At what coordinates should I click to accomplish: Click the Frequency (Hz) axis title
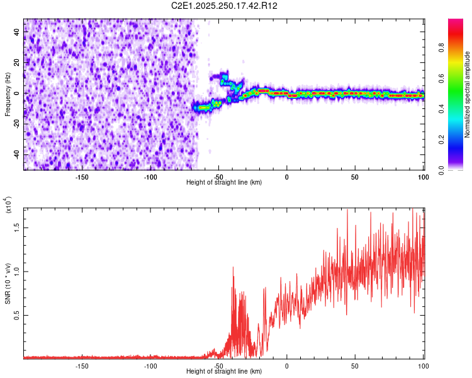pyautogui.click(x=8, y=94)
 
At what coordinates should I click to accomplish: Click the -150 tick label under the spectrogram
pyautogui.click(x=82, y=177)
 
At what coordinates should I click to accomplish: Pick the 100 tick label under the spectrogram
pyautogui.click(x=423, y=177)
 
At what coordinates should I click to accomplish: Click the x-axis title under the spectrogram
pyautogui.click(x=224, y=182)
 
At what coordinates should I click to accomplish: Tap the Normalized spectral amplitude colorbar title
pyautogui.click(x=468, y=94)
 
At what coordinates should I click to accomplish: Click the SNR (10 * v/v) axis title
pyautogui.click(x=8, y=281)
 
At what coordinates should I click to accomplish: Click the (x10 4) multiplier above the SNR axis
pyautogui.click(x=8, y=205)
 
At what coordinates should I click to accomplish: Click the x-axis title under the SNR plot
pyautogui.click(x=224, y=371)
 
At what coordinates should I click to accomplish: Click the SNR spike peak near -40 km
pyautogui.click(x=233, y=267)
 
